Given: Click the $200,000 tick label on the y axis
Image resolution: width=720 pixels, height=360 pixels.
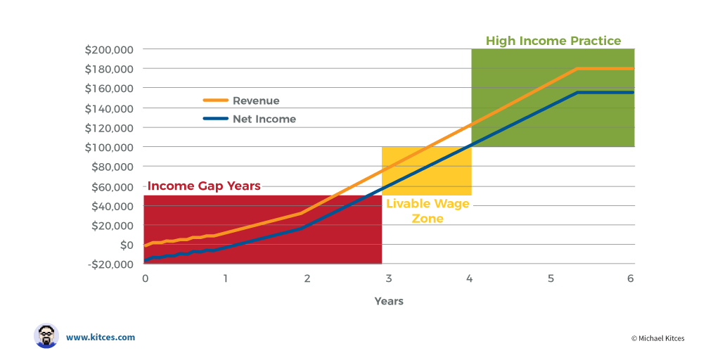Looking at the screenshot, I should point(110,50).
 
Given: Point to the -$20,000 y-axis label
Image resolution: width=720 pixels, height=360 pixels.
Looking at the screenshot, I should point(111,264).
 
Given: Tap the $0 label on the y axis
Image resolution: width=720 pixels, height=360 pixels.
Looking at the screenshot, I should point(126,245).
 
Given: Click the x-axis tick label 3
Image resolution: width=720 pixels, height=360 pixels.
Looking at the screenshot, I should point(388,278).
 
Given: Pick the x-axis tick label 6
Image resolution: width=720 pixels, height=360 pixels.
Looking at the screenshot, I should point(631,278).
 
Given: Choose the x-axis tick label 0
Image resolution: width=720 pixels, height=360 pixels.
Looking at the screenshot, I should point(145,278).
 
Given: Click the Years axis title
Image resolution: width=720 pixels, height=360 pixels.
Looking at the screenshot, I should point(389,301).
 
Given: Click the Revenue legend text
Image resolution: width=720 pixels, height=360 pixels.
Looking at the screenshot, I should point(256,101).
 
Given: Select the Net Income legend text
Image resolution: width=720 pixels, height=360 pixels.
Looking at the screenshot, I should point(264,119).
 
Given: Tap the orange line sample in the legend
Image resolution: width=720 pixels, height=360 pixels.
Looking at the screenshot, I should point(215,101).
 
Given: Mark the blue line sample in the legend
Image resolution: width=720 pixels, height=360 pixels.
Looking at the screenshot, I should point(215,119).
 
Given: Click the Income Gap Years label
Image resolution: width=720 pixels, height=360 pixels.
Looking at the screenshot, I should point(204,186).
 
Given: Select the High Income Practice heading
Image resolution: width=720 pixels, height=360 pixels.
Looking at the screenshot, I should point(553,41).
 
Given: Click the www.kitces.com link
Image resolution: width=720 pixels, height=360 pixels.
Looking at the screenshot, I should point(101,337).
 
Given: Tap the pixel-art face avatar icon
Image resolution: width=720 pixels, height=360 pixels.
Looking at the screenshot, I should point(46,336).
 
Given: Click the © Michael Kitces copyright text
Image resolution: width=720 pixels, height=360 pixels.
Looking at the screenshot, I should point(657,338).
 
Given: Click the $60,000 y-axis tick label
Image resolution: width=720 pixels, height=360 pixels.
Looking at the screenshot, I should point(113,186).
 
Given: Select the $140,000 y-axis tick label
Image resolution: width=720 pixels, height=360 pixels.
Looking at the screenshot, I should point(110,108).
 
